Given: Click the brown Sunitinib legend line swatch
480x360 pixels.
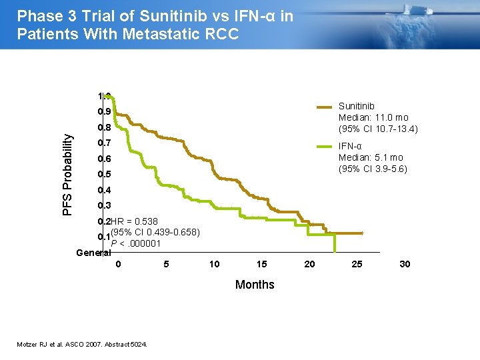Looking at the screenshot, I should click(324, 107).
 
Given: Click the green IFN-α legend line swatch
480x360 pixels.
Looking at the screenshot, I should click(324, 147).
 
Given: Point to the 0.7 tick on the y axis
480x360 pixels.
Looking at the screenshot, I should click(103, 143).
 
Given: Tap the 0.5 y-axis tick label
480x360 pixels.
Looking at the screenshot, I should click(103, 175).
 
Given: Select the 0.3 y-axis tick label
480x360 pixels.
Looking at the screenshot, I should click(103, 206).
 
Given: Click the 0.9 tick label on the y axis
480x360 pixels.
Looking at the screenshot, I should click(103, 112).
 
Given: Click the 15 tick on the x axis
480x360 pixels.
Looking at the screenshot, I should click(262, 264).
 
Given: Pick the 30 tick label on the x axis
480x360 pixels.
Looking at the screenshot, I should click(405, 264).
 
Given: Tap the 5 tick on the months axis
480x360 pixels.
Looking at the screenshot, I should click(166, 264).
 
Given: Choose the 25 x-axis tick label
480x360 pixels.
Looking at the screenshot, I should click(357, 264).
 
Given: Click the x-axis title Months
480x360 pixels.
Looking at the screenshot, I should click(255, 285).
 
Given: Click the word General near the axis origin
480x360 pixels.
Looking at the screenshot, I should click(93, 253).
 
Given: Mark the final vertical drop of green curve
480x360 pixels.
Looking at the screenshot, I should click(335, 243).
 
